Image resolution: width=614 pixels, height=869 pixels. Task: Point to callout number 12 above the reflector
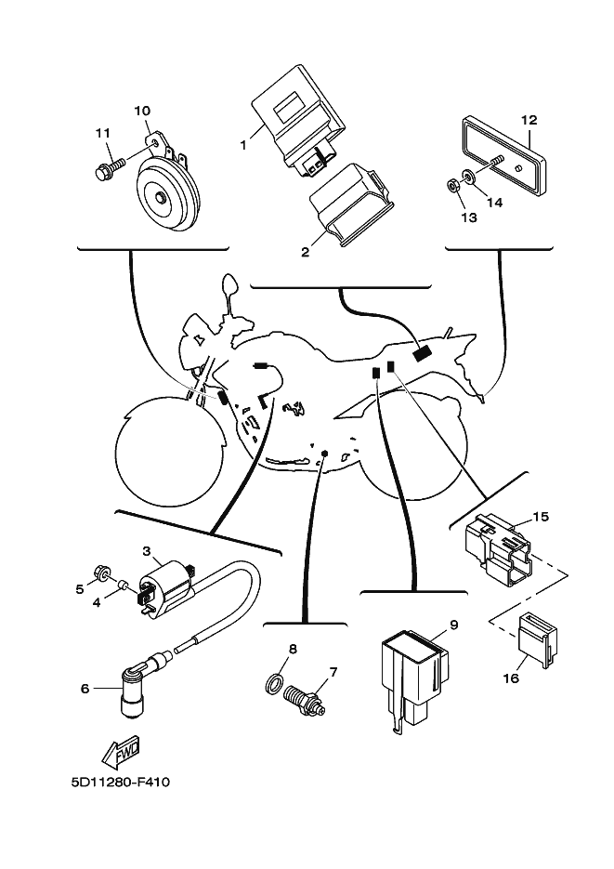(529, 120)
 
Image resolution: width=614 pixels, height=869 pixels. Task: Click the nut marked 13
(453, 187)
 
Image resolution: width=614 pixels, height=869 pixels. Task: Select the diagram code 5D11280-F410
(120, 782)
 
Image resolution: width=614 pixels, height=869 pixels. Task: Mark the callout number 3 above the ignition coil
(146, 551)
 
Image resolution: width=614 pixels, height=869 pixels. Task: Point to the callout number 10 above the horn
(142, 111)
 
